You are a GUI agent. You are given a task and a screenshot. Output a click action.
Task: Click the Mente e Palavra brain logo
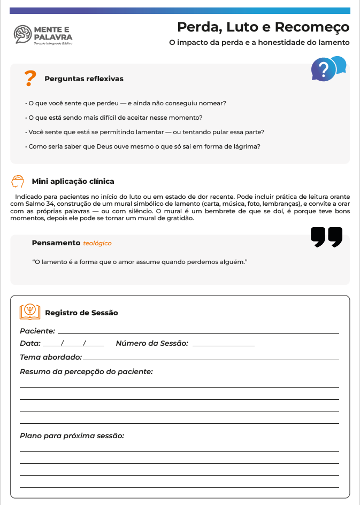(x=22, y=34)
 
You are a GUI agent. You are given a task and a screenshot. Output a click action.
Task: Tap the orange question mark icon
(x=30, y=78)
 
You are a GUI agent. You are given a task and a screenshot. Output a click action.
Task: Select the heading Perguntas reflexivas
(x=84, y=79)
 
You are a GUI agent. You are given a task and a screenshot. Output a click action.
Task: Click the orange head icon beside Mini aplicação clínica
(x=18, y=181)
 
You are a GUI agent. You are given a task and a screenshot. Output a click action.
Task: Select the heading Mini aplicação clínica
(x=73, y=181)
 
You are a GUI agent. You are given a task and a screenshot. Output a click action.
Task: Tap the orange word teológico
(x=97, y=243)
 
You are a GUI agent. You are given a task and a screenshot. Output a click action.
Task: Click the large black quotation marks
(x=326, y=237)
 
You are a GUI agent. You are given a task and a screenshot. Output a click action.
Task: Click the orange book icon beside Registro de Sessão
(x=30, y=312)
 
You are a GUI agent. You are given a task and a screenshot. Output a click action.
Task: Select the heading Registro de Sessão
(x=81, y=313)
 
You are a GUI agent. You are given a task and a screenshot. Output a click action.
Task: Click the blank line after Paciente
(x=198, y=332)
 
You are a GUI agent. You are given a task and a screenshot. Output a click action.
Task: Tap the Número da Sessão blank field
(x=223, y=345)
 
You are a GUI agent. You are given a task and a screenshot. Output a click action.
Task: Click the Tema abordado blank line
(x=211, y=359)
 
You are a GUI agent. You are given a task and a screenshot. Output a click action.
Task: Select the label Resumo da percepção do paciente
(x=86, y=371)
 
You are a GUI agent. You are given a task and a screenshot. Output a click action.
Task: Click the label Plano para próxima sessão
(x=72, y=436)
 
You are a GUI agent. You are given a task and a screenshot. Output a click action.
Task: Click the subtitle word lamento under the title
(x=331, y=42)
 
